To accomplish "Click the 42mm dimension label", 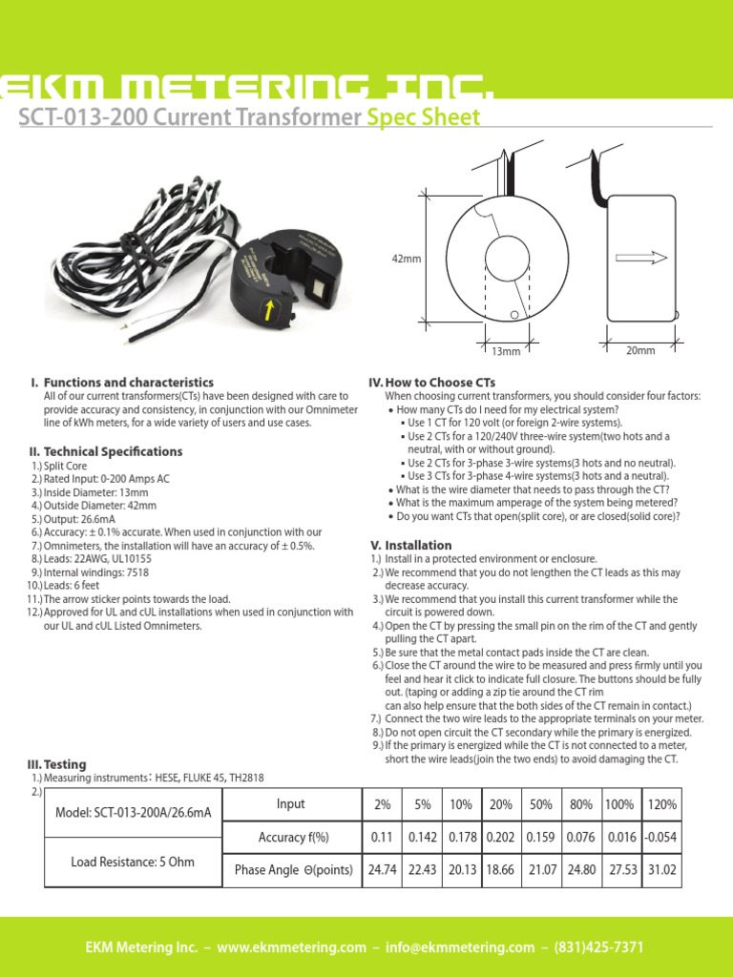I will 406,259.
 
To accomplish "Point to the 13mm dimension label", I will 506,352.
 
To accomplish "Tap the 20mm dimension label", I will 640,351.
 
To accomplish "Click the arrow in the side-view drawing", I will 640,258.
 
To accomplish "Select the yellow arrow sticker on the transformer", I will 270,308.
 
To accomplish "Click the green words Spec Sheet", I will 423,117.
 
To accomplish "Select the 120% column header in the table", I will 661,804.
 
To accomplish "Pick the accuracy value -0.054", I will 661,837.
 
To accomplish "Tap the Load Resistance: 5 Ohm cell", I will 133,862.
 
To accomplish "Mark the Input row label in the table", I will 290,804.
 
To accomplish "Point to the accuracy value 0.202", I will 500,837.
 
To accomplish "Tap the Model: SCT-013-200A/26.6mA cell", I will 133,813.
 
